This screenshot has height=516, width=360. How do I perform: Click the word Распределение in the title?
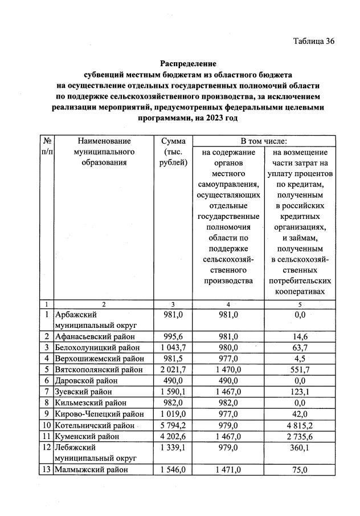pyautogui.click(x=188, y=63)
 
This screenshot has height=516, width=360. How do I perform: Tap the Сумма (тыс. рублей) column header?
pyautogui.click(x=174, y=152)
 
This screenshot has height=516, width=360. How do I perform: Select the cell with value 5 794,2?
pyautogui.click(x=174, y=425)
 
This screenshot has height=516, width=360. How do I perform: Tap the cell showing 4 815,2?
pyautogui.click(x=300, y=425)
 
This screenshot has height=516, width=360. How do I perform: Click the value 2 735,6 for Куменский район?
pyautogui.click(x=300, y=437)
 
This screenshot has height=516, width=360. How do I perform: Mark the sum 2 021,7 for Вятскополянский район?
pyautogui.click(x=174, y=369)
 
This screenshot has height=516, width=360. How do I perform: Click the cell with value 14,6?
pyautogui.click(x=300, y=337)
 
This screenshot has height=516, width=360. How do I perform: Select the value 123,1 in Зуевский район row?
pyautogui.click(x=300, y=392)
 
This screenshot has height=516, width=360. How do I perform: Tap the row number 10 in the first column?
pyautogui.click(x=46, y=425)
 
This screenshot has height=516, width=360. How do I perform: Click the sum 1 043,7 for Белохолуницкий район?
pyautogui.click(x=174, y=348)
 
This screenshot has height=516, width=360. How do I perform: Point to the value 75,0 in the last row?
pyautogui.click(x=300, y=470)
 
